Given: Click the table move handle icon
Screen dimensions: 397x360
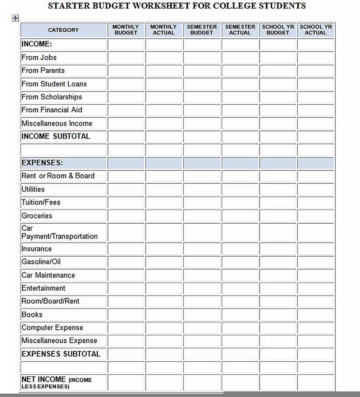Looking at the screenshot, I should (15, 18).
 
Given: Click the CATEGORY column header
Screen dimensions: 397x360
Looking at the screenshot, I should (63, 30).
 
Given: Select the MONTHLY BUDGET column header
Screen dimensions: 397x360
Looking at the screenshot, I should (126, 30).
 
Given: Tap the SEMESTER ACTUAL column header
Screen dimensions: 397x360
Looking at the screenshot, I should (240, 30).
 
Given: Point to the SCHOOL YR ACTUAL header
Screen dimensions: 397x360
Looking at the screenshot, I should (316, 30).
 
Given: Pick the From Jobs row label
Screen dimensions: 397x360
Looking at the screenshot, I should (39, 57).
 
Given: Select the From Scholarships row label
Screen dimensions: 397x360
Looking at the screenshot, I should (52, 97).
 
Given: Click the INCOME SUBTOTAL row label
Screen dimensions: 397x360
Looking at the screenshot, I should (56, 136).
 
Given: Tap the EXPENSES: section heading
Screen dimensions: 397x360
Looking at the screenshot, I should (42, 163).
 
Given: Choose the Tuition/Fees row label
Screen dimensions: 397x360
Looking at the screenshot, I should (41, 202).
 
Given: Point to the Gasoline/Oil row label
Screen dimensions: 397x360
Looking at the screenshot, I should (41, 262).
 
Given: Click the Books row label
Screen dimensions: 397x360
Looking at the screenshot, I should (32, 315).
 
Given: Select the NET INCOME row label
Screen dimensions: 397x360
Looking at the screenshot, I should (56, 382).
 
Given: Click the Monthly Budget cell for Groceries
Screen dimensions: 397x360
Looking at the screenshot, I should (126, 216).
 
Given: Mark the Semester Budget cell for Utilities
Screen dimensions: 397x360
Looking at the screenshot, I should (202, 189).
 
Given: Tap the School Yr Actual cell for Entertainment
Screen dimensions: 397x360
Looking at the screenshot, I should (316, 288).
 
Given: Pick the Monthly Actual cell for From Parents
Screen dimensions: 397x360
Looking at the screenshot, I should (164, 71).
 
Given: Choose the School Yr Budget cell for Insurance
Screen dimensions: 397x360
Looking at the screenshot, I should (278, 249).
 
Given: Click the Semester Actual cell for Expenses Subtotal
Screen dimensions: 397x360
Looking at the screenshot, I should (240, 354).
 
